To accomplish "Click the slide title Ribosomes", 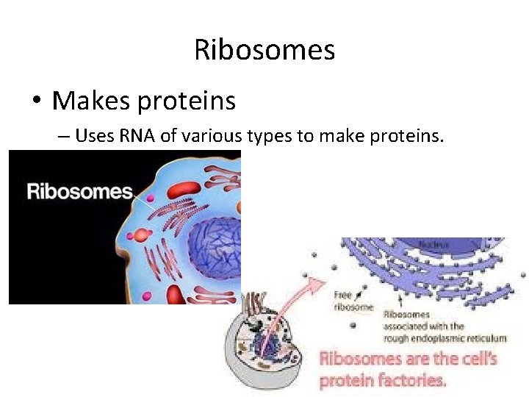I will point(264,51).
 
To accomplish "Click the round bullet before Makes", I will point(36,101).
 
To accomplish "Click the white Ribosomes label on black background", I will point(79,193).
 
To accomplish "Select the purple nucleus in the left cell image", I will point(213,250).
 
